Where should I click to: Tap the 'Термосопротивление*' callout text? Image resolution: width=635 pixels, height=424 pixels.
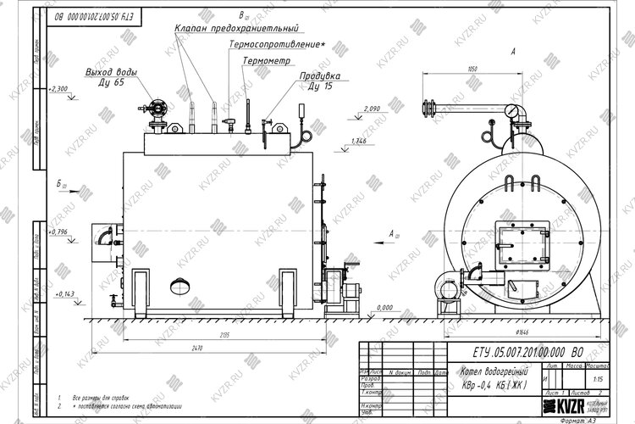click(x=277, y=43)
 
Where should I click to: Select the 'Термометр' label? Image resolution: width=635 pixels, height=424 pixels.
click(x=266, y=62)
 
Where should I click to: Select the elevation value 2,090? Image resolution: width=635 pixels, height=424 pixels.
click(x=371, y=109)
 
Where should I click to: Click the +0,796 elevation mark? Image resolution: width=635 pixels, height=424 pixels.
click(x=58, y=231)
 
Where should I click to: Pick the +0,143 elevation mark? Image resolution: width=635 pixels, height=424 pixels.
click(x=63, y=293)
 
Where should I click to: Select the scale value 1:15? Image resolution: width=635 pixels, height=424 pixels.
click(x=599, y=380)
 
